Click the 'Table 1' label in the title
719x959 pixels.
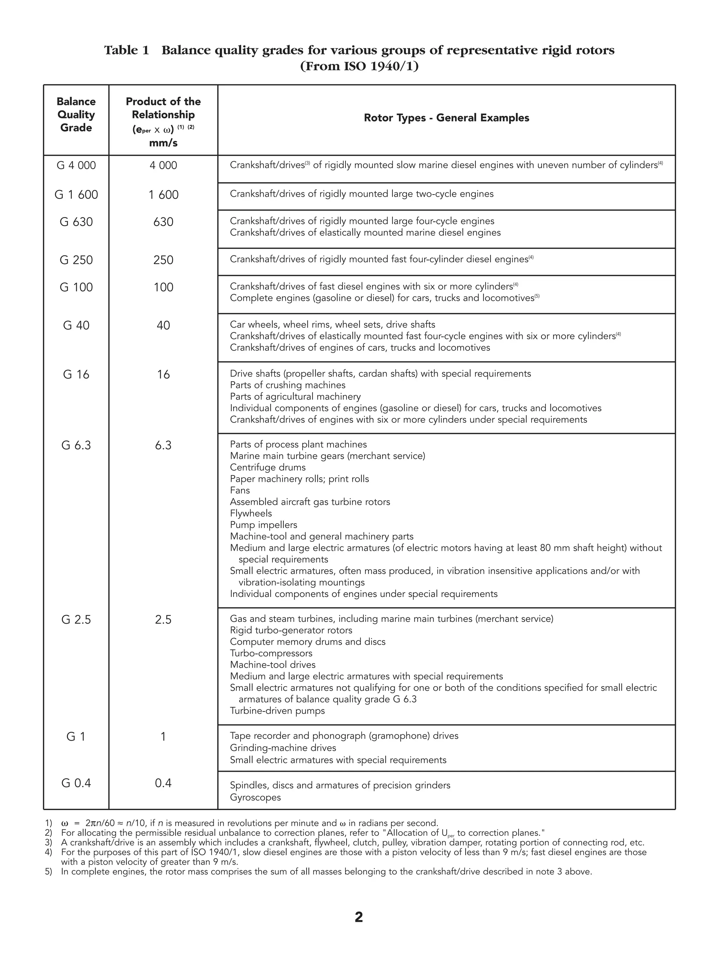click(126, 50)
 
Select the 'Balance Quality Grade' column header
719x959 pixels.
click(76, 114)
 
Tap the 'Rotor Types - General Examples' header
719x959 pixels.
click(447, 118)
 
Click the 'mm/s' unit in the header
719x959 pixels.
click(163, 143)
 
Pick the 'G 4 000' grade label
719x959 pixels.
click(76, 165)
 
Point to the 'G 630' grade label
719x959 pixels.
click(76, 222)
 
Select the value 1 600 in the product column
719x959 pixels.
click(163, 195)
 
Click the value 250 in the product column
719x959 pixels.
click(163, 260)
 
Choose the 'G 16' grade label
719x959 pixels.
click(76, 375)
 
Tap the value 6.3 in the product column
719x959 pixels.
click(163, 446)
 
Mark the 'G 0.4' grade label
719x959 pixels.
click(76, 783)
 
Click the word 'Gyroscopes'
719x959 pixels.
click(255, 797)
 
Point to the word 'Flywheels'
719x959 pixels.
click(251, 513)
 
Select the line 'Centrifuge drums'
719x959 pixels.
click(268, 467)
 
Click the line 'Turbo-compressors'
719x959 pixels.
click(271, 653)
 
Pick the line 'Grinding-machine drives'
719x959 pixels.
click(283, 748)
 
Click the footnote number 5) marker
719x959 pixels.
click(48, 872)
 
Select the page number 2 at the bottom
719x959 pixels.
click(359, 917)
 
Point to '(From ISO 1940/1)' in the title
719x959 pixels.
click(359, 67)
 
